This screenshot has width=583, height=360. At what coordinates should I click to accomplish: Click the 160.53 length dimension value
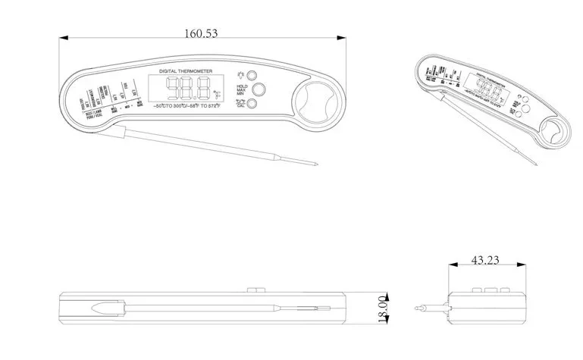[x=207, y=33]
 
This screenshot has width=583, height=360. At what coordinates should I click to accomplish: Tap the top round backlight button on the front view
[x=252, y=76]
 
